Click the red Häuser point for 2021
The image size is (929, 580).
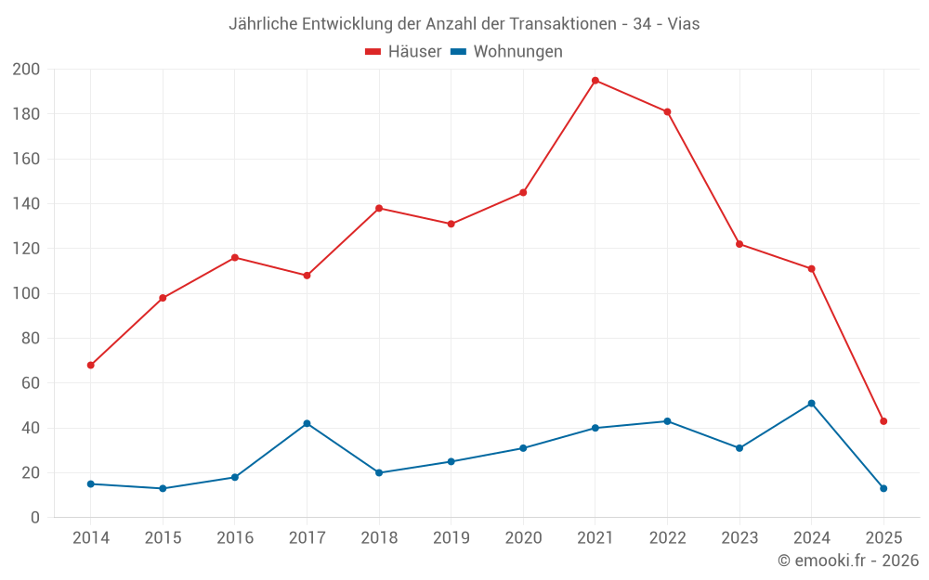click(595, 81)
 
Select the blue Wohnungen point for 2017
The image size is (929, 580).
click(307, 423)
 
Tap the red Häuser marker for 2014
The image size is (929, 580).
click(90, 365)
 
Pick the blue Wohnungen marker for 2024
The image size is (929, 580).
click(811, 404)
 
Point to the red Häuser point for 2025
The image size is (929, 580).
click(883, 421)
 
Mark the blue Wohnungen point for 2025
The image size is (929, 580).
click(883, 488)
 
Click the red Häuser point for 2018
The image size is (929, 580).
click(379, 208)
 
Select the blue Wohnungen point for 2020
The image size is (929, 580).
click(523, 448)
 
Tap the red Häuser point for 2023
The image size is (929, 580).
click(739, 244)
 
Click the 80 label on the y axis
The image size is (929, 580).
click(31, 339)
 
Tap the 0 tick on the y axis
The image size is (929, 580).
click(35, 518)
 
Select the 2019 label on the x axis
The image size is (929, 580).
click(451, 538)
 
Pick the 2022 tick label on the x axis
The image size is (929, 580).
click(667, 538)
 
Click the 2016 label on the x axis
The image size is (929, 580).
click(234, 538)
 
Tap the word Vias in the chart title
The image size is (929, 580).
click(684, 24)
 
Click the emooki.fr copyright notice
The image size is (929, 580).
click(848, 561)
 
